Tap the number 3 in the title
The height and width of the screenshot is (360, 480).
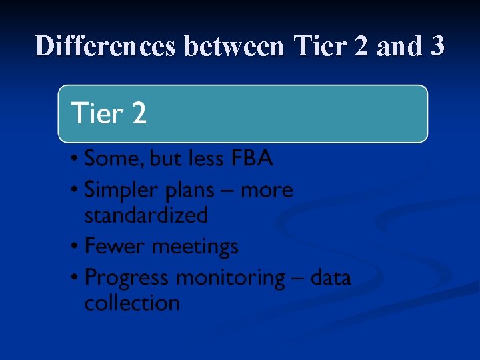click(x=437, y=46)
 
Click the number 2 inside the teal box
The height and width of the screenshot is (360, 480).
click(x=139, y=114)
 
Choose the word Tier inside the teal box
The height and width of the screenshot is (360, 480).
click(x=97, y=114)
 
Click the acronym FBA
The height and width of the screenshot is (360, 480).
click(x=252, y=159)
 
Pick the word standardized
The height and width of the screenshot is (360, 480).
click(x=146, y=215)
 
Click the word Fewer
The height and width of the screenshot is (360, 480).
click(x=115, y=247)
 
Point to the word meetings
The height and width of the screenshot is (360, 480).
click(x=195, y=247)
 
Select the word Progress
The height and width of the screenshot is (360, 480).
click(x=125, y=277)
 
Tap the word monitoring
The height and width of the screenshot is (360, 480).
click(x=233, y=277)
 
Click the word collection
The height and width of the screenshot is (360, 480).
click(x=132, y=303)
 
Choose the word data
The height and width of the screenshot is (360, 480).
click(x=331, y=277)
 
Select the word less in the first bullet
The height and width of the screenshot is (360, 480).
click(x=206, y=159)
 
